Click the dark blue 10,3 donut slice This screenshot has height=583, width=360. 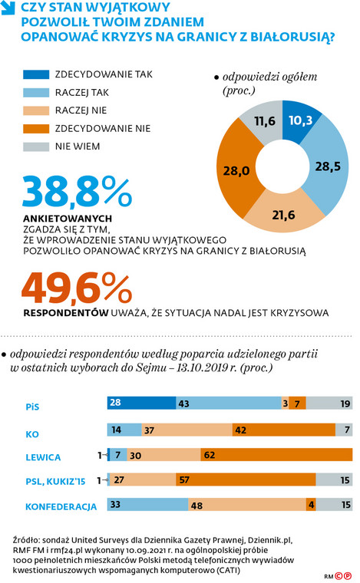[300, 120]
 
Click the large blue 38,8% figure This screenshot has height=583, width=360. [78, 193]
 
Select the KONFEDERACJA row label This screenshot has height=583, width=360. [61, 507]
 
